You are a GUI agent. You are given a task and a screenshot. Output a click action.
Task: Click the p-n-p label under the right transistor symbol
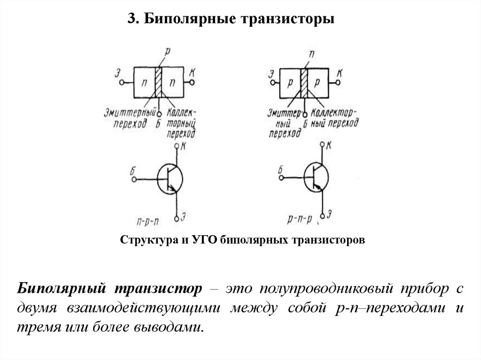[299, 219]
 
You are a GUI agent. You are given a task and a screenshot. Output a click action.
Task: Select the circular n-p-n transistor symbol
[169, 179]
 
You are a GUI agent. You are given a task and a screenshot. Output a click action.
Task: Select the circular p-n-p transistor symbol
[316, 178]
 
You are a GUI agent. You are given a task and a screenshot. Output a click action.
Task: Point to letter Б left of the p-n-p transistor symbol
[280, 170]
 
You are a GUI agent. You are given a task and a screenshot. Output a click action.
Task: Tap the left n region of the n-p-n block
[145, 82]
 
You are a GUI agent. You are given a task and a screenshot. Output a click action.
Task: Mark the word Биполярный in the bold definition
[61, 288]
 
